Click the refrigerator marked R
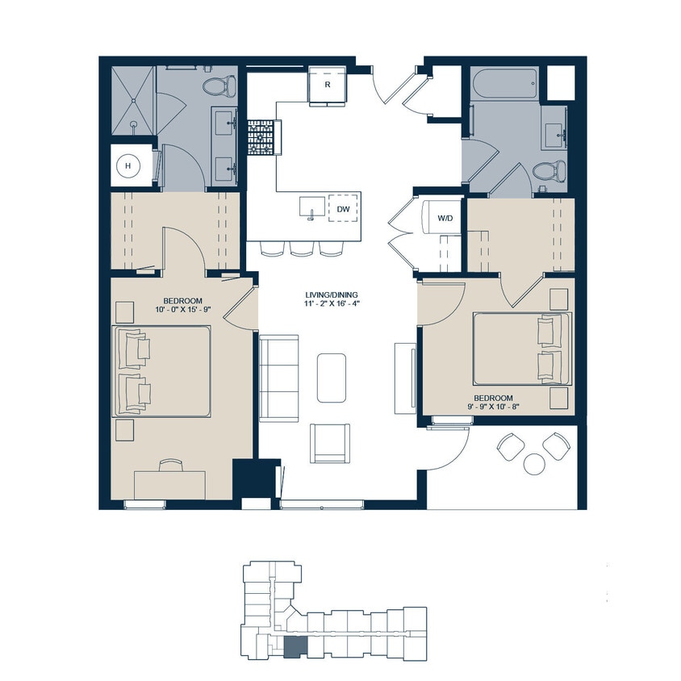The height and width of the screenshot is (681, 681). tap(328, 86)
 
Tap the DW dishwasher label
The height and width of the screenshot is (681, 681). tap(344, 210)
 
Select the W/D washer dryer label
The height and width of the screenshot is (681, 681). tap(445, 218)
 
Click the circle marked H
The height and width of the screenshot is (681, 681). tap(127, 166)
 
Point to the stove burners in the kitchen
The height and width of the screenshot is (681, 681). tap(261, 138)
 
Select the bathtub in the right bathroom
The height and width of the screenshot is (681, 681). tap(504, 83)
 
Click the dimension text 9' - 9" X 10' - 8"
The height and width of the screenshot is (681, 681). tap(494, 408)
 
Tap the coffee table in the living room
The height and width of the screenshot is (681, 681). tap(334, 376)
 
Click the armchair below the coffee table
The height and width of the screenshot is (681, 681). tap(331, 443)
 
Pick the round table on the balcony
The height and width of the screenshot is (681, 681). tap(534, 464)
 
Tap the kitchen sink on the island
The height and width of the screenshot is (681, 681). tap(311, 207)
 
